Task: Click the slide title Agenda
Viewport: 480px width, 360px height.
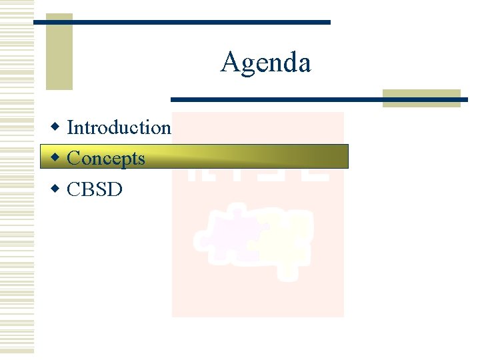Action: click(265, 63)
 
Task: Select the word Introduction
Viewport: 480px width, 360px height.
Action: click(119, 127)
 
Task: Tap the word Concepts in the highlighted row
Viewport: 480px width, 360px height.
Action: click(106, 158)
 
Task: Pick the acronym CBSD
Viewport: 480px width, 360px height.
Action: click(95, 189)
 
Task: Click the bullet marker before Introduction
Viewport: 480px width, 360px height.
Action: click(56, 126)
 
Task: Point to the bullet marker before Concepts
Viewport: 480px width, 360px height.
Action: click(56, 157)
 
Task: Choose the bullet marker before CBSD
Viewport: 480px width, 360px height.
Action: click(56, 189)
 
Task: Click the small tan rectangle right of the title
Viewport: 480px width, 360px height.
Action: click(421, 98)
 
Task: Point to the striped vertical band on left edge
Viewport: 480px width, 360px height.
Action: click(17, 180)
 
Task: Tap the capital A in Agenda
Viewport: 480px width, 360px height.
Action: click(229, 63)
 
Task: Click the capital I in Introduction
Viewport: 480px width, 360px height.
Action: click(71, 127)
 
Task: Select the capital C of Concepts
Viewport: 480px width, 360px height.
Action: click(73, 158)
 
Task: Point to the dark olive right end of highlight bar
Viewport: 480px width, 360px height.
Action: click(327, 157)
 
